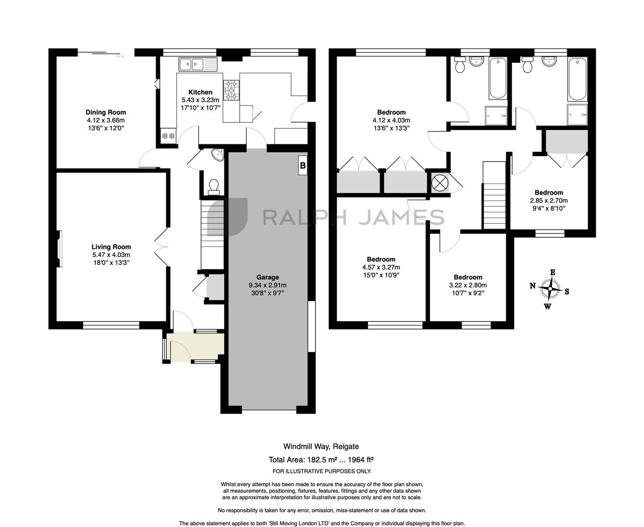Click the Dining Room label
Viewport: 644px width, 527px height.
[x=106, y=112]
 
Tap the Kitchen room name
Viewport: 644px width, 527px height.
[x=200, y=92]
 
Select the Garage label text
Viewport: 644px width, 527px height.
[x=267, y=277]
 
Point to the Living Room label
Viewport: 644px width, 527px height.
[x=111, y=247]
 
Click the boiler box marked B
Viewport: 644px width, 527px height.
[x=302, y=165]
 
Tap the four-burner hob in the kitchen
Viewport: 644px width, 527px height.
[x=231, y=90]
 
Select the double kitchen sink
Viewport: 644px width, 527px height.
[x=198, y=64]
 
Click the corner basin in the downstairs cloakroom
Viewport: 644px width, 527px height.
[x=219, y=155]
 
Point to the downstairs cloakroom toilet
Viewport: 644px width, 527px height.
[x=214, y=187]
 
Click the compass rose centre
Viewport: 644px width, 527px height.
[x=550, y=288]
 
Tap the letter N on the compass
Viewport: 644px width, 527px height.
[x=533, y=286]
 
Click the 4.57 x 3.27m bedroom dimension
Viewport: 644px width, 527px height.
[x=381, y=267]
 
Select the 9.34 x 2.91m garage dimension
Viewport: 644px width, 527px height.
[x=267, y=285]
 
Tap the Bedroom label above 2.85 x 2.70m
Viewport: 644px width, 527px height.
[x=549, y=192]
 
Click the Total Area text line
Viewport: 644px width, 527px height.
[x=321, y=459]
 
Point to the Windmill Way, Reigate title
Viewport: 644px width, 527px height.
[x=321, y=446]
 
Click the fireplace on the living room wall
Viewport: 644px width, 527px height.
[x=60, y=248]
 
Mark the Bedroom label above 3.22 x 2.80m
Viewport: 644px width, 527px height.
[x=468, y=277]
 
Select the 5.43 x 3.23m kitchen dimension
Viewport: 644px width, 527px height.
[x=200, y=100]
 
